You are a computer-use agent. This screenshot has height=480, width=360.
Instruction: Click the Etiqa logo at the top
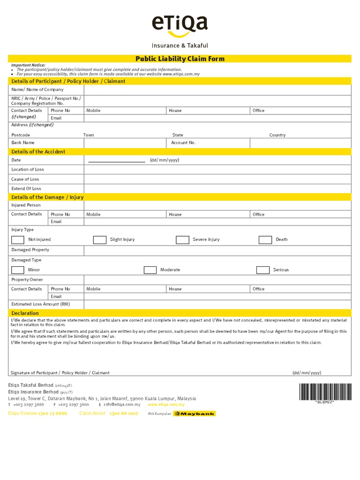click(x=180, y=26)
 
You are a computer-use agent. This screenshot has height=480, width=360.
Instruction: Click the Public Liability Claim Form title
click(x=180, y=59)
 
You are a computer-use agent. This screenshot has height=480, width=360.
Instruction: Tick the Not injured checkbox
click(x=18, y=240)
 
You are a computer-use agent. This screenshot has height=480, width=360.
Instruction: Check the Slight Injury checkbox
click(x=99, y=240)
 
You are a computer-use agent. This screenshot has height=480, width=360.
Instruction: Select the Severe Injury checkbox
click(x=182, y=240)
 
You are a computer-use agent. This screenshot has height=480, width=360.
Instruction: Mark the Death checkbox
click(x=265, y=240)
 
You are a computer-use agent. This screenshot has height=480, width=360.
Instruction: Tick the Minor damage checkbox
click(x=18, y=270)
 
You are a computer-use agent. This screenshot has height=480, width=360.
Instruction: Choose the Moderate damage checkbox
click(x=150, y=270)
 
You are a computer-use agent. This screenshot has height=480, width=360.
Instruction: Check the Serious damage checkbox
click(x=263, y=270)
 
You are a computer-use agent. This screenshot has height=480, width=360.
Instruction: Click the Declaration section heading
click(x=25, y=313)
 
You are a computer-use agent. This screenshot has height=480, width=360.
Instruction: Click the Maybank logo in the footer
click(x=195, y=413)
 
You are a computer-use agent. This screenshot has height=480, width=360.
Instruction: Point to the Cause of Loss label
click(x=25, y=179)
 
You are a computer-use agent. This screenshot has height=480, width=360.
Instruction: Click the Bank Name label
click(x=23, y=142)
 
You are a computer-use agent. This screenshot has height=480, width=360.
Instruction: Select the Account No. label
click(x=183, y=142)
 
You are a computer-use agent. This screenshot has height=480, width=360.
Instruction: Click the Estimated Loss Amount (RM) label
click(x=41, y=304)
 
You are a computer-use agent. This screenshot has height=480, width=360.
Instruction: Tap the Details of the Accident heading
click(x=38, y=152)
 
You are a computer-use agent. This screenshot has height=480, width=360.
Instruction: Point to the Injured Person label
click(x=26, y=205)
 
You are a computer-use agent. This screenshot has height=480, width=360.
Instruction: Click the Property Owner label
click(x=27, y=279)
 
